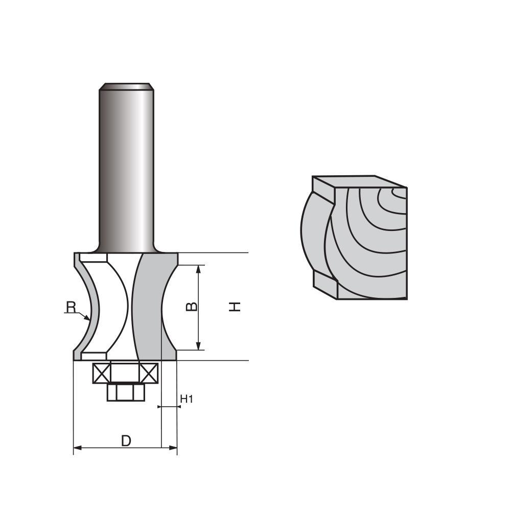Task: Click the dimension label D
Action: [x=126, y=440]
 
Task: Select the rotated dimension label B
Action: [x=191, y=307]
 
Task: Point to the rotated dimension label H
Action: [x=235, y=307]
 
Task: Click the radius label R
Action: [x=71, y=307]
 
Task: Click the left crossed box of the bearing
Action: [x=101, y=373]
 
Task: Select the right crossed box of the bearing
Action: [x=149, y=373]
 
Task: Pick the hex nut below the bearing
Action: [x=126, y=392]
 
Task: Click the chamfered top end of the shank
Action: [x=127, y=86]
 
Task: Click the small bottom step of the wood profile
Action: [x=324, y=284]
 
